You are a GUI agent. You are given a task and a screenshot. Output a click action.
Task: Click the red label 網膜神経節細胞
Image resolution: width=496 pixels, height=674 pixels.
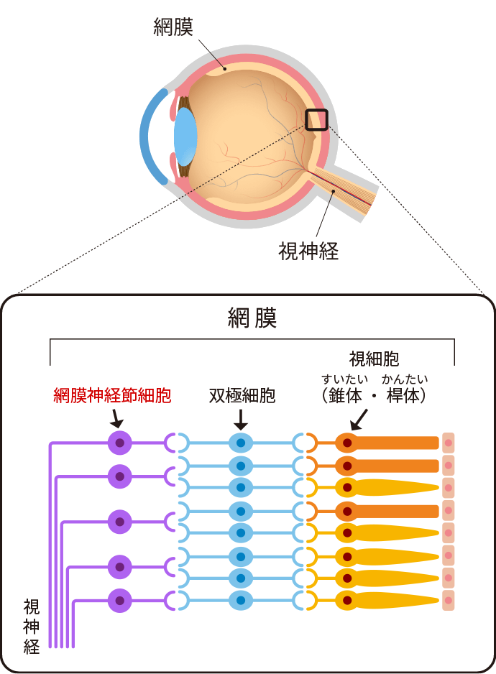pyautogui.click(x=112, y=396)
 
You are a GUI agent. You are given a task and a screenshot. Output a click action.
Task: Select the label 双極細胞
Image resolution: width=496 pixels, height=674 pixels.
pyautogui.click(x=242, y=396)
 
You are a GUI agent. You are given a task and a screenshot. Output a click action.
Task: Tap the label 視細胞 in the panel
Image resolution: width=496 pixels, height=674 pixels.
pyautogui.click(x=374, y=359)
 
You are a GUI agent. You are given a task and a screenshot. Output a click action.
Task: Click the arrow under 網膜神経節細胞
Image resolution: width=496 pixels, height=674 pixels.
pyautogui.click(x=116, y=417)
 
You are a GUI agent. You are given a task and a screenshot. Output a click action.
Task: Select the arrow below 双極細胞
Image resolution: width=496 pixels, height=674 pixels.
pyautogui.click(x=241, y=418)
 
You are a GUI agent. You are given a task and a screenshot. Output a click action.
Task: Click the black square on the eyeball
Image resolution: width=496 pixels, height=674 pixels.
pyautogui.click(x=316, y=119)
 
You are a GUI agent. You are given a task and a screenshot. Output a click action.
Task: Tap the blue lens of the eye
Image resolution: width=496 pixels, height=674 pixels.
pyautogui.click(x=185, y=137)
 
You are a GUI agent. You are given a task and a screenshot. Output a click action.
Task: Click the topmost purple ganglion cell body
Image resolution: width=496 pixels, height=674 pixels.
pyautogui.click(x=120, y=443)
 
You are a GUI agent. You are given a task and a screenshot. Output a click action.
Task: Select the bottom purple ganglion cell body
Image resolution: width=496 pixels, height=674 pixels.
pyautogui.click(x=120, y=600)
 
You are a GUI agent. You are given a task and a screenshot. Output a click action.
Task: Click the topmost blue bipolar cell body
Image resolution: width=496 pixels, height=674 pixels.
pyautogui.click(x=241, y=443)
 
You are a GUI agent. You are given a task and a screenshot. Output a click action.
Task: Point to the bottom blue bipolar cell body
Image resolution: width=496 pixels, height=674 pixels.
pyautogui.click(x=241, y=600)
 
